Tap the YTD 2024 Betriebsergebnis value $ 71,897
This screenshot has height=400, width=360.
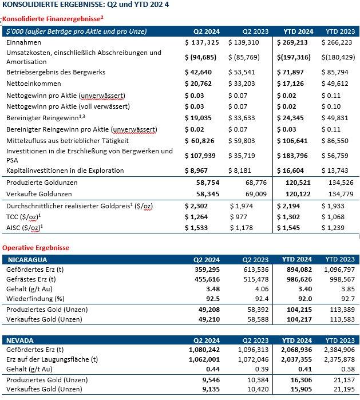(296, 73)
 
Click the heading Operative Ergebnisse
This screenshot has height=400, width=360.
(35, 247)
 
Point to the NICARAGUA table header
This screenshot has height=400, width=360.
(29, 259)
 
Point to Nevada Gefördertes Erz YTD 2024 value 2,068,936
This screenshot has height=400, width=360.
(296, 348)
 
